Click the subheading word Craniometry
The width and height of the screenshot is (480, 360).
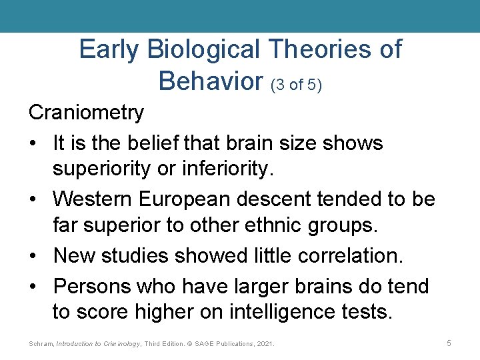click(86, 113)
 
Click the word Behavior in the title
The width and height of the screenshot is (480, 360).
click(211, 81)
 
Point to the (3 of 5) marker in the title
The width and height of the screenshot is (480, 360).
click(296, 85)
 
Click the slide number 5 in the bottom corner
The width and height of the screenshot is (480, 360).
click(449, 343)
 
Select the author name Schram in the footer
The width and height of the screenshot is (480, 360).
click(41, 343)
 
